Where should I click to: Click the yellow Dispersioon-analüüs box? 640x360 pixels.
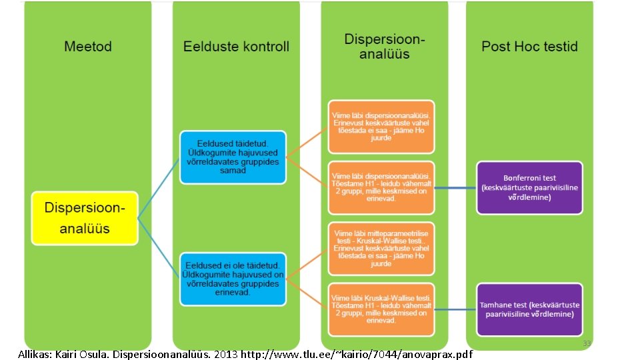point(85,217)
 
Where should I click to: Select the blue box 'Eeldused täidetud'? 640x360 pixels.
point(233,157)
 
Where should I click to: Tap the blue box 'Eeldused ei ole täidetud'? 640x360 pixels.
point(233,279)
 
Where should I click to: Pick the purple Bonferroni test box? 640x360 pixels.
point(529,187)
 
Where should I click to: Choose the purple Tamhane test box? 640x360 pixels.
point(529,309)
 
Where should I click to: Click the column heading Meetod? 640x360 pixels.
point(88,47)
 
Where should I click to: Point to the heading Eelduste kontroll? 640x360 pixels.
point(237,47)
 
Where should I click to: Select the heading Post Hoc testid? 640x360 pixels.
point(529,47)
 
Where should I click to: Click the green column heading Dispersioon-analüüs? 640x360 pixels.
point(384,46)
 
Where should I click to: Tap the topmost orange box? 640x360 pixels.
point(381,127)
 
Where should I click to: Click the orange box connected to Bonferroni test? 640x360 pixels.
point(381,187)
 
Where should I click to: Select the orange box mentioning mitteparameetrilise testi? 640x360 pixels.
point(381,248)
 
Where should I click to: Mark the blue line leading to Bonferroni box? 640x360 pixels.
point(455,188)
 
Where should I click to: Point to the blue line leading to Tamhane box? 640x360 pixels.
point(455,310)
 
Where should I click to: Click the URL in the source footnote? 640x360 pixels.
point(356,354)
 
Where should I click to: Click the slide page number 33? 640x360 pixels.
point(587,344)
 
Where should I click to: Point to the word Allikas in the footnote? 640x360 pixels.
point(35,354)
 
